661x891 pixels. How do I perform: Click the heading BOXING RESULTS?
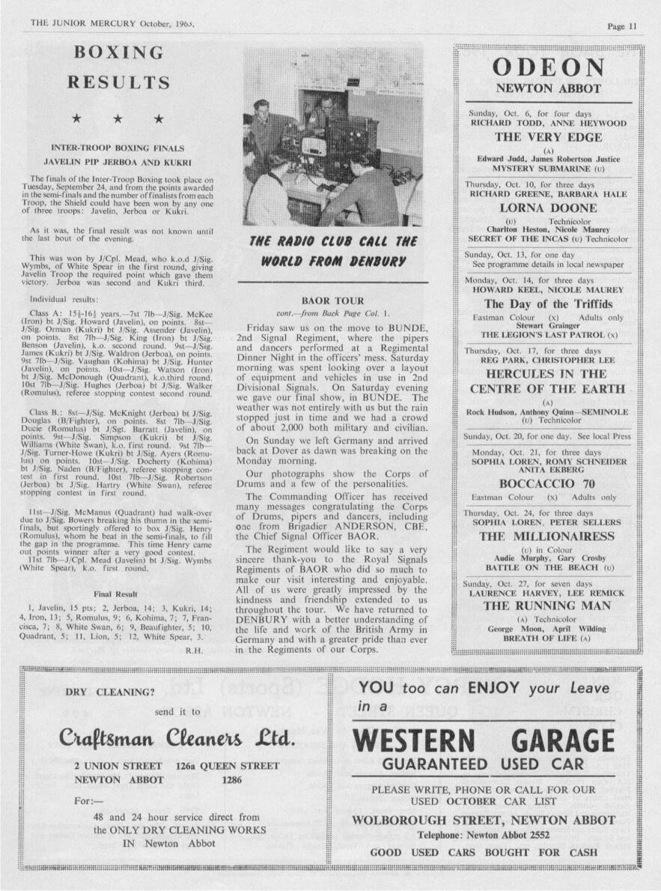click(x=118, y=67)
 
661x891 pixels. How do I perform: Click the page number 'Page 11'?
click(x=622, y=25)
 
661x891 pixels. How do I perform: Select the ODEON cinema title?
click(x=549, y=67)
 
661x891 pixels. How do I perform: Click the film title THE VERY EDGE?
click(x=548, y=137)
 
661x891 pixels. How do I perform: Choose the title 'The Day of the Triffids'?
click(x=548, y=304)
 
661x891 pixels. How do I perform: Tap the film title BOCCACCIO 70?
click(x=548, y=483)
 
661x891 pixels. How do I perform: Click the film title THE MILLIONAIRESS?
click(x=548, y=537)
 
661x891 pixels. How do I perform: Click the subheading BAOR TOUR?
click(x=331, y=300)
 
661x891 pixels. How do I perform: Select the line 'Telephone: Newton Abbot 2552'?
click(x=483, y=835)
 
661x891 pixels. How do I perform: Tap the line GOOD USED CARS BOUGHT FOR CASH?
click(x=484, y=852)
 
